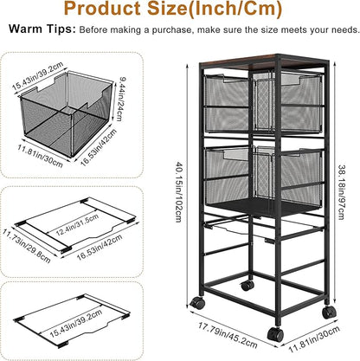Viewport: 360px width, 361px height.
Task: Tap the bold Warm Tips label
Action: point(42,29)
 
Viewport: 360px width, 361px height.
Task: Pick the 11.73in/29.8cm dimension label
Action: point(27,246)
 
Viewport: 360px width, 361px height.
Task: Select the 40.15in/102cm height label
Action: point(179,191)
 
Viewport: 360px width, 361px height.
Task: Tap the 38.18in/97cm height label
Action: point(341,192)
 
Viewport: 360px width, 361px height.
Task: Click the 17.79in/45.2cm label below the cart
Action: point(228,335)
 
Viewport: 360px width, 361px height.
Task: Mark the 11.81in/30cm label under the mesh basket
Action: point(40,156)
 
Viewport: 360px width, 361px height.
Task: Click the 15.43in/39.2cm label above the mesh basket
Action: point(37,77)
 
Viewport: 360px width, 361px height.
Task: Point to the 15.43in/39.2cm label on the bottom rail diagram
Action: point(76,323)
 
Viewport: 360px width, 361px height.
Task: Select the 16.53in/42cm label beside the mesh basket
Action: point(99,147)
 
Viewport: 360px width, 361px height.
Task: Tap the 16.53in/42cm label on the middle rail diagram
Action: point(100,247)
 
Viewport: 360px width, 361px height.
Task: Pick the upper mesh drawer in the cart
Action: point(262,103)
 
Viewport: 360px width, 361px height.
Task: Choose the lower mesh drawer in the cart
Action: point(263,177)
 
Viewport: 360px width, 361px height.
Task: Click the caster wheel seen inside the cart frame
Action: point(247,286)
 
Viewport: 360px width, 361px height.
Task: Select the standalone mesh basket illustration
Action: point(67,114)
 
